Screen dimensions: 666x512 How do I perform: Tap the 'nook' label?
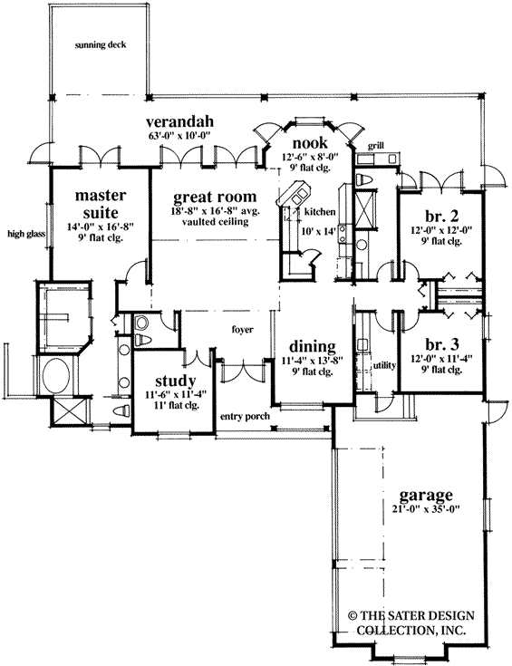(x=309, y=143)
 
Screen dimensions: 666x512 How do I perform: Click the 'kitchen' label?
(x=320, y=211)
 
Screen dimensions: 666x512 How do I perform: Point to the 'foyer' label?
(x=241, y=330)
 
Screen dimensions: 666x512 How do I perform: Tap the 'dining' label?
(x=314, y=346)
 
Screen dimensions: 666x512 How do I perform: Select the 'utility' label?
(x=385, y=365)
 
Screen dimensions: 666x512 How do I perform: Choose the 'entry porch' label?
(x=244, y=416)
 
